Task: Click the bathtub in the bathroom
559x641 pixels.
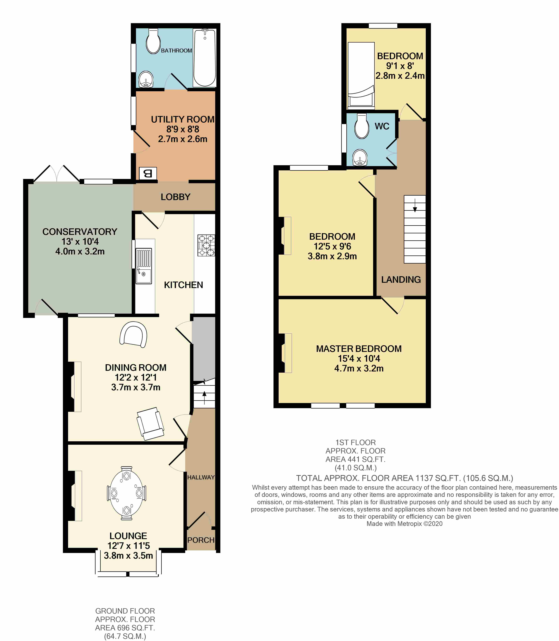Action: click(x=205, y=58)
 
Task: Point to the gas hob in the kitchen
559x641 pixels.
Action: click(x=206, y=245)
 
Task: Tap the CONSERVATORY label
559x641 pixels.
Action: click(x=80, y=232)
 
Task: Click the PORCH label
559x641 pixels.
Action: click(x=201, y=540)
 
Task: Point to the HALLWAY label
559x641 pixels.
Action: click(x=201, y=477)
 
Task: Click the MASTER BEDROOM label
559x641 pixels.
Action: click(x=359, y=349)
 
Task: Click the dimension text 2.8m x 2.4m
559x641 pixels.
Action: click(x=400, y=75)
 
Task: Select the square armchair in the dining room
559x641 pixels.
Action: click(x=150, y=423)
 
